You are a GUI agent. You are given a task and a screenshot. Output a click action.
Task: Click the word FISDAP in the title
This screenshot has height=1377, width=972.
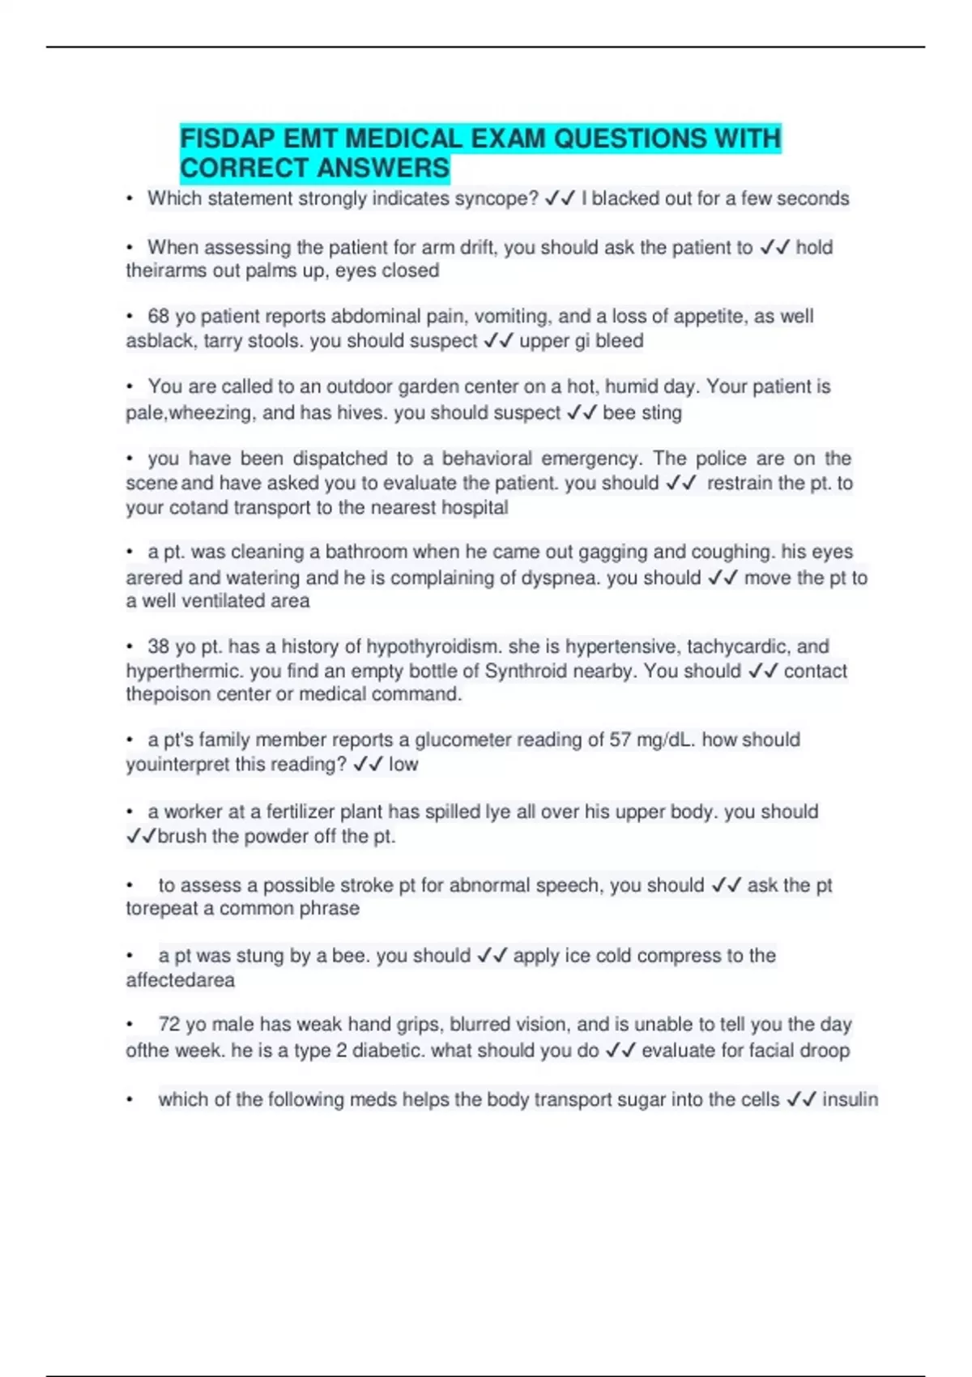point(228,139)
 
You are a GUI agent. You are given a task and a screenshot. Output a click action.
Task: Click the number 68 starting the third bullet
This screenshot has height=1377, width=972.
point(158,316)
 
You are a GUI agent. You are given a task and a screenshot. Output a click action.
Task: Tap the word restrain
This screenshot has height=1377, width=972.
point(740,484)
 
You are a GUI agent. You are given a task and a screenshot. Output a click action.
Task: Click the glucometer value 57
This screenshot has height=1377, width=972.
point(621,740)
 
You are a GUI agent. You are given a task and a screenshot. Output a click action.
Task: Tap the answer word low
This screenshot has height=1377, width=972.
point(403,765)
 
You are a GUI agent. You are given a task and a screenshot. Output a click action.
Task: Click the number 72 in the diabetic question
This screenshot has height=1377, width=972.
point(169,1025)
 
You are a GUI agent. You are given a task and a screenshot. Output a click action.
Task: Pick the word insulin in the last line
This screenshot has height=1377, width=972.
point(850,1100)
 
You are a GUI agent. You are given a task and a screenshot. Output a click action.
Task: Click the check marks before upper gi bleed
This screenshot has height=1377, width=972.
point(498,341)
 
